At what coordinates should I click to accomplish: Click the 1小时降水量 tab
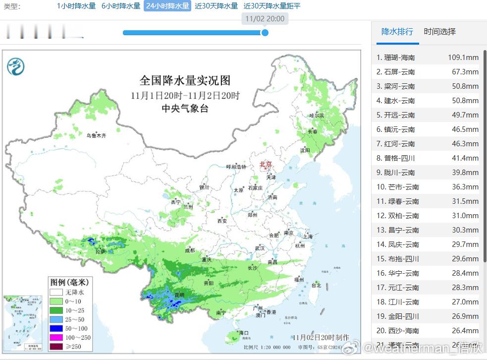[x=76, y=6]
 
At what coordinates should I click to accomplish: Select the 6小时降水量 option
[x=121, y=6]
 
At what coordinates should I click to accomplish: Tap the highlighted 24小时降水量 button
[x=167, y=6]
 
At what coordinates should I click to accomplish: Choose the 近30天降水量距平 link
[x=272, y=6]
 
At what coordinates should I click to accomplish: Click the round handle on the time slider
[x=265, y=33]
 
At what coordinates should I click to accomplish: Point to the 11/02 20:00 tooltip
[x=265, y=19]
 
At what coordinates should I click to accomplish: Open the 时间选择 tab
[x=439, y=32]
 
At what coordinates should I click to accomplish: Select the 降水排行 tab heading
[x=397, y=32]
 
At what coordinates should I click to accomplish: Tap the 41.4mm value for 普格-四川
[x=466, y=158]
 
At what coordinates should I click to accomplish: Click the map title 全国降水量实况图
[x=185, y=80]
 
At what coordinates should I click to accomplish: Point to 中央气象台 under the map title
[x=185, y=108]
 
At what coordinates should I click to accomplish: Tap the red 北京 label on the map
[x=266, y=164]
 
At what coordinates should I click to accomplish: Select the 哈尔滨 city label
[x=317, y=116]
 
